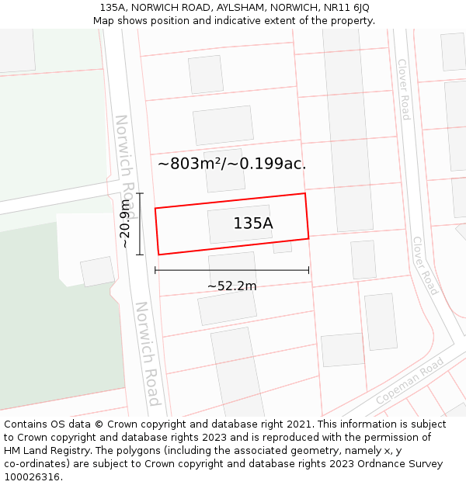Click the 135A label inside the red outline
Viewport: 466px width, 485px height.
point(253,223)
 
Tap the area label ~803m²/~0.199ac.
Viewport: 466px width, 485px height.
point(231,164)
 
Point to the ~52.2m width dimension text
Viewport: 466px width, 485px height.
point(231,286)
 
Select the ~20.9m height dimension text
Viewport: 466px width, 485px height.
point(125,223)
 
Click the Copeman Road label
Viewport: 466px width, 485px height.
point(409,380)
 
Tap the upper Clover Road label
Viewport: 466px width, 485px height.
point(403,89)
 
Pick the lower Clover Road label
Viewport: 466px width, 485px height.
point(425,266)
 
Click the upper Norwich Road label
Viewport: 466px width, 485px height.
point(126,166)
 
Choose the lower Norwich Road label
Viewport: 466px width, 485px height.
point(148,354)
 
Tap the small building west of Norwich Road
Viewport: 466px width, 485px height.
point(97,272)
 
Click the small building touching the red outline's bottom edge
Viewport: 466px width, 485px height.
point(282,246)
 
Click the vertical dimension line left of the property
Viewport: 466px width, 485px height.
point(140,223)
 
